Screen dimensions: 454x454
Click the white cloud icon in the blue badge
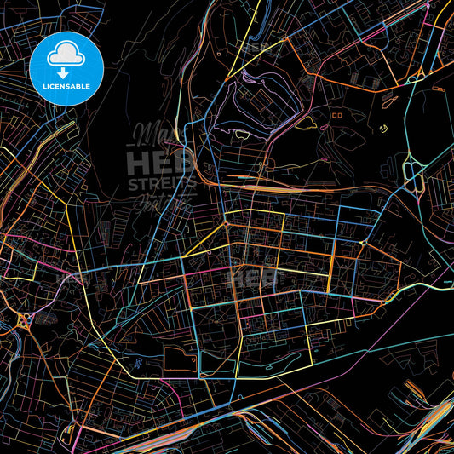click(65, 53)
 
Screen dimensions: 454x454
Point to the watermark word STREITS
click(162, 184)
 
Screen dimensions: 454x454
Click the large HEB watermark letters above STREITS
click(162, 163)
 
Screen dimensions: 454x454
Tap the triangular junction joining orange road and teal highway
click(416, 78)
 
